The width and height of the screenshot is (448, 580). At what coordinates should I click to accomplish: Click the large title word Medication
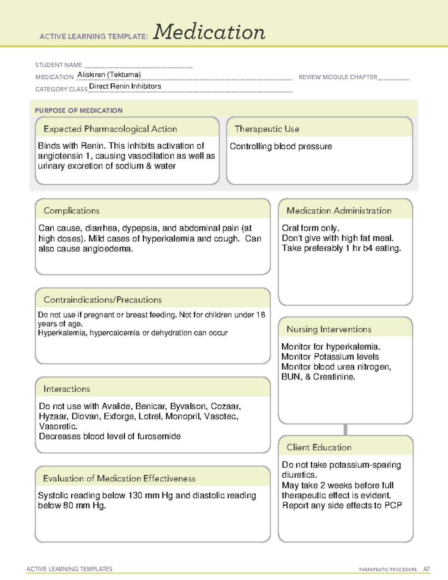coord(209,32)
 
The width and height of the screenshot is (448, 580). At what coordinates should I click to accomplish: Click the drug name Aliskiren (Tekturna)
coord(109,75)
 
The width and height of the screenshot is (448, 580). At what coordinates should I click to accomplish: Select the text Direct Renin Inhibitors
coord(125,86)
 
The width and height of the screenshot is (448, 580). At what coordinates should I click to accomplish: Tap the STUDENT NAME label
coord(59,65)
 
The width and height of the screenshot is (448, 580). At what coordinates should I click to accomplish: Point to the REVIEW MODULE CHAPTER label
coord(338,77)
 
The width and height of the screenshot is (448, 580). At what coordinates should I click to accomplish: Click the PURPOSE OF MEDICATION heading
coord(79,111)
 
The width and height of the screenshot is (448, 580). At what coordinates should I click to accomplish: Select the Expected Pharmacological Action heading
coord(110,129)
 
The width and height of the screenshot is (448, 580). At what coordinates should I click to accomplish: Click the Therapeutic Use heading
coord(267,129)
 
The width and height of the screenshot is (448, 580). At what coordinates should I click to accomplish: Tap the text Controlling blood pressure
coord(281,146)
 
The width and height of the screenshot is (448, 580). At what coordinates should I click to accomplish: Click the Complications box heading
coord(72,211)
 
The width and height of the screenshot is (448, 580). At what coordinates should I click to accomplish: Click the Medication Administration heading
coord(339,211)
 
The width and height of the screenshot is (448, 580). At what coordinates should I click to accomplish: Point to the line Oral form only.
coord(310,228)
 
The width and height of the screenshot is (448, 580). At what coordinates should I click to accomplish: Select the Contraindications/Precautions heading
coord(103,300)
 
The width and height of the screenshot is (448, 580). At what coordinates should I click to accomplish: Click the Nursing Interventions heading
coord(329,329)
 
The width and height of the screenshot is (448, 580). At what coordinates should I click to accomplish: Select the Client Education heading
coord(319,447)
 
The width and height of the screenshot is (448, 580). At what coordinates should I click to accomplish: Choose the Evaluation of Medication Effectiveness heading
coord(119,478)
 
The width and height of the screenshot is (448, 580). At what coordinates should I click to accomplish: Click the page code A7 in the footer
coord(426,569)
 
